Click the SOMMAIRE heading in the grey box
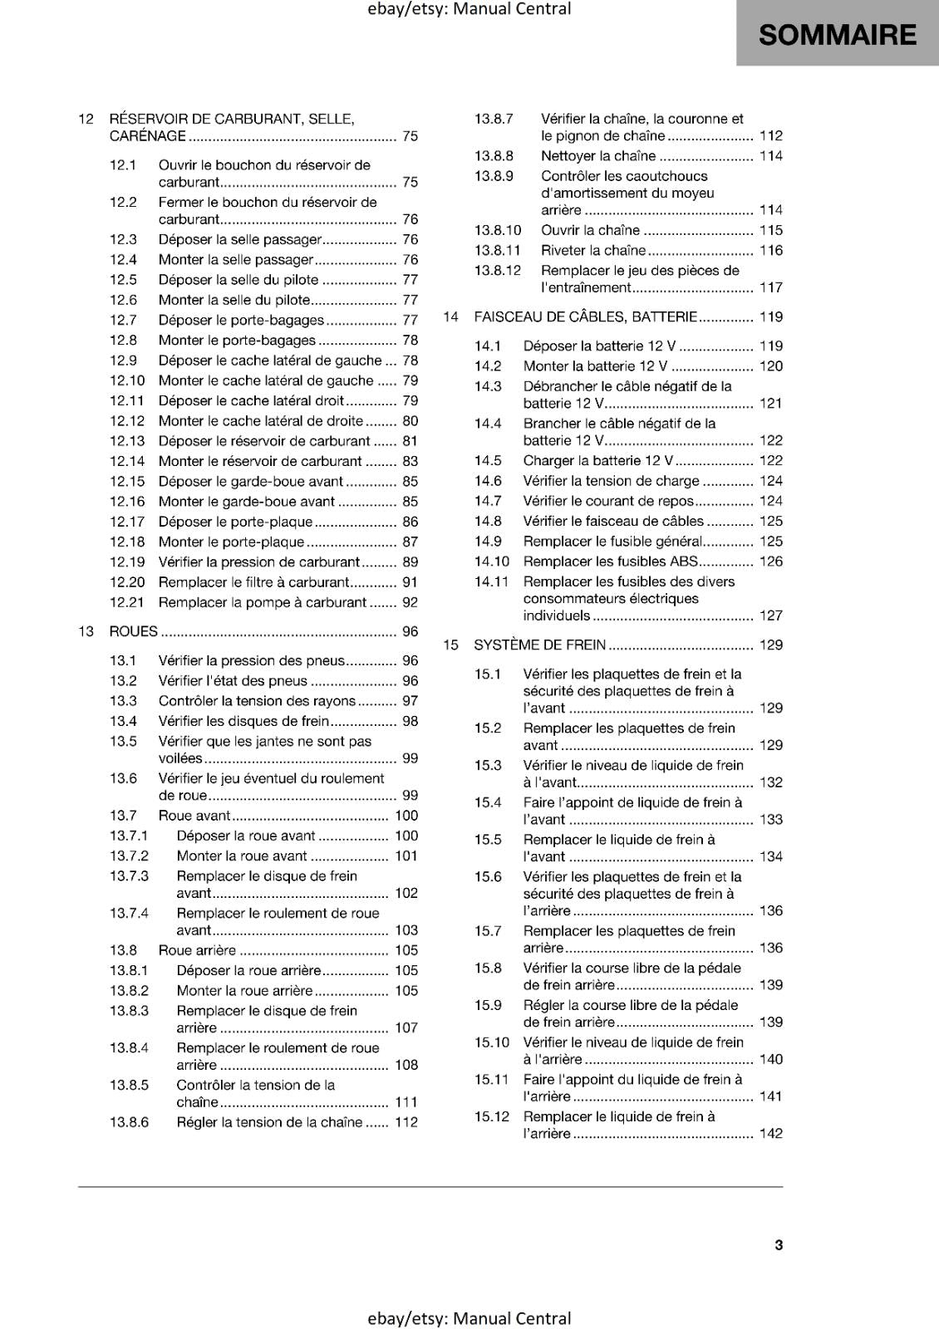[x=837, y=35]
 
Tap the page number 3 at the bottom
[x=779, y=1244]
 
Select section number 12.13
[x=127, y=441]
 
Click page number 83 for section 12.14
[x=410, y=461]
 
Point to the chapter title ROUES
[x=133, y=631]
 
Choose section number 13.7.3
[x=129, y=875]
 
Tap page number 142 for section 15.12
[x=770, y=1133]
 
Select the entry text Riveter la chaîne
[x=592, y=250]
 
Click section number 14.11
[x=491, y=581]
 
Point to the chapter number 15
[x=450, y=645]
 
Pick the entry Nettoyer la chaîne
[x=597, y=155]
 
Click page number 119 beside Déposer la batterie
[x=770, y=346]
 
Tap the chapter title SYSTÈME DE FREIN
[x=539, y=645]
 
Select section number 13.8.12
[x=497, y=270]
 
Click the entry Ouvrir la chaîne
[x=590, y=230]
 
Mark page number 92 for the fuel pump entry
[x=410, y=602]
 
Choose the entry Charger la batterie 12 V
[x=597, y=460]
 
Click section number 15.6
[x=488, y=876]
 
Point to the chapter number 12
[x=86, y=119]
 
